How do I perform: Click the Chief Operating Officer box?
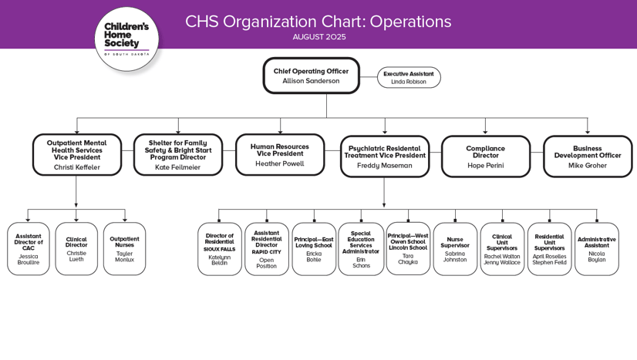311,76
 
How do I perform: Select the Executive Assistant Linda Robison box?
409,78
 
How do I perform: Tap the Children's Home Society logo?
126,39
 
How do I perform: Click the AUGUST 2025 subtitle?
318,37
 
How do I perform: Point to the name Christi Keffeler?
76,167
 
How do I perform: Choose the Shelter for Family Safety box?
177,155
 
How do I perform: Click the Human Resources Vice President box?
280,155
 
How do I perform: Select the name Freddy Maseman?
384,165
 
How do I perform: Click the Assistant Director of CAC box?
29,249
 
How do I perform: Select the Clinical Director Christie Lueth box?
76,249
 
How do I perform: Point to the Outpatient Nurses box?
124,249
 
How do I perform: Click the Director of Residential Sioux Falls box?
219,249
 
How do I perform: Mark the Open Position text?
266,263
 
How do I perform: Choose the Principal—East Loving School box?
314,249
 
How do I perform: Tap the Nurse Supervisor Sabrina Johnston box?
455,249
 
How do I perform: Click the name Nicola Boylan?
596,256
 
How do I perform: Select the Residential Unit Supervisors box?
549,249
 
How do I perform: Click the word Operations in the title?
410,22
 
